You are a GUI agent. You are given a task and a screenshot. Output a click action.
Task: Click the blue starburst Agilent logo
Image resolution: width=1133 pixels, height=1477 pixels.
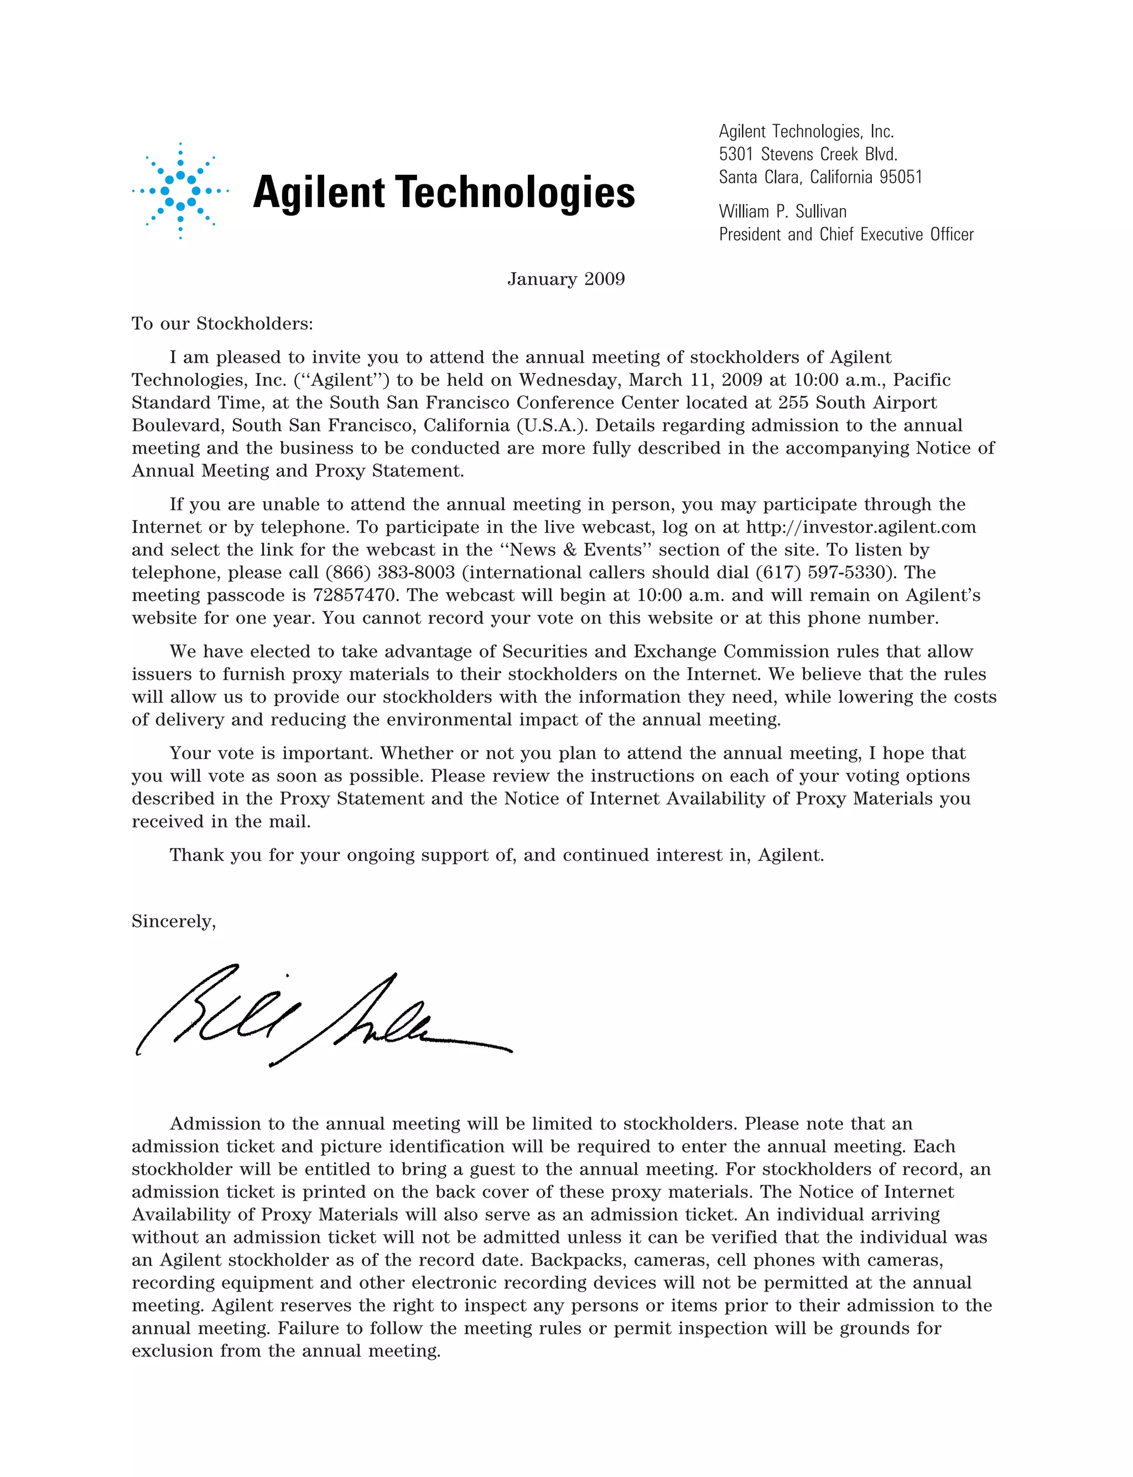click(180, 191)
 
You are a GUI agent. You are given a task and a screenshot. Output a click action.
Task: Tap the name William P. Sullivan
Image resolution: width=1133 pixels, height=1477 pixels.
click(782, 212)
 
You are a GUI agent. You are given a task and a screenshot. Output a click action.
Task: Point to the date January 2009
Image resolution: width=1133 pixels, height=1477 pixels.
click(566, 279)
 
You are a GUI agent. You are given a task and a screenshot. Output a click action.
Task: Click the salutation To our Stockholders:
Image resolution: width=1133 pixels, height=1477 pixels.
click(222, 324)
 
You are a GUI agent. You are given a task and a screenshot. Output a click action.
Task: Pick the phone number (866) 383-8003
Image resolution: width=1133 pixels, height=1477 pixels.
click(390, 573)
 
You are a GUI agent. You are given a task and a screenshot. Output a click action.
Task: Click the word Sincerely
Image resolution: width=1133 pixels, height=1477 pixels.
click(173, 921)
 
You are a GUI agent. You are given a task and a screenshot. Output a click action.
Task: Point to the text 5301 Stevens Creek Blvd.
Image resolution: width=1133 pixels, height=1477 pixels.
click(808, 154)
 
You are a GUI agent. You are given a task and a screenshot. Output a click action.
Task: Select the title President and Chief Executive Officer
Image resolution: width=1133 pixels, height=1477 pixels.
click(846, 235)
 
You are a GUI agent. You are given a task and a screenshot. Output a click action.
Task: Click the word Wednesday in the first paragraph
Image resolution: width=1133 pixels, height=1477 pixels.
click(570, 380)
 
